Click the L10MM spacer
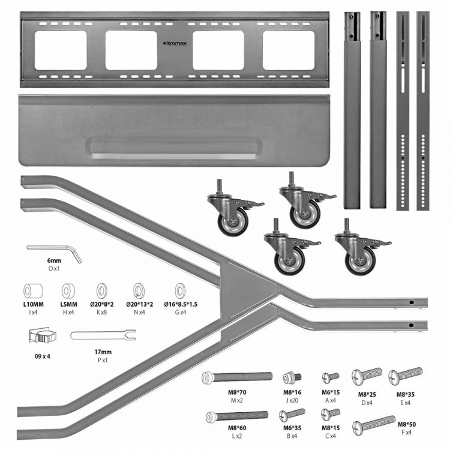(33, 292)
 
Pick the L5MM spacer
(68, 292)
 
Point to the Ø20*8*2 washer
(102, 292)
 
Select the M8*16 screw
(292, 377)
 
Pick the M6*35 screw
(292, 415)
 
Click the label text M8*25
(367, 394)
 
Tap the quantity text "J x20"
(292, 400)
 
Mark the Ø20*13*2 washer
(140, 292)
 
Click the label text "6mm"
(54, 261)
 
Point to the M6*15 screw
(331, 377)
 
